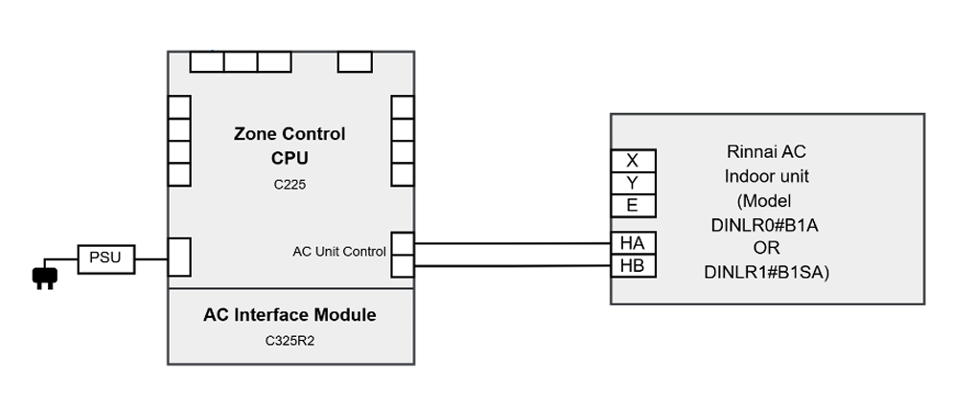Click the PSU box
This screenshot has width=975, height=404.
(x=106, y=258)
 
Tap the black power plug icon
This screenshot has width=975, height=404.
(x=44, y=277)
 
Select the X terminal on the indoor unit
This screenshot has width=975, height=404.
(x=633, y=161)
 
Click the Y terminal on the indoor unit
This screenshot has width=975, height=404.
(x=633, y=183)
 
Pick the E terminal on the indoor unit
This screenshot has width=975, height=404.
(x=633, y=206)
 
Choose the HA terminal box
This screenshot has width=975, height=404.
(x=633, y=242)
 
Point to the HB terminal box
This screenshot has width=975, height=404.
(x=633, y=265)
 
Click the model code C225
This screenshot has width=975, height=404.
(x=290, y=185)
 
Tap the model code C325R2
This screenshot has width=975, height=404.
(x=290, y=341)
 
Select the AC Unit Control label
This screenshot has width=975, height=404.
(x=338, y=252)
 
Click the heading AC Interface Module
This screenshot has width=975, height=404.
(x=290, y=315)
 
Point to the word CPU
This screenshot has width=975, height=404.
(x=290, y=158)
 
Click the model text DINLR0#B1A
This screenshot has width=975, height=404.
(x=764, y=225)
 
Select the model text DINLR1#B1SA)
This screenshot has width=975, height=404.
(x=767, y=273)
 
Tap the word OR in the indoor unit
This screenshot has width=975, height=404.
(x=766, y=248)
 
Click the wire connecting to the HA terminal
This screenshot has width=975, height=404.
(x=512, y=243)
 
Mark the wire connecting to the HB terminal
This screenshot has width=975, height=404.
(x=512, y=266)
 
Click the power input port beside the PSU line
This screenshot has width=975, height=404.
(x=179, y=257)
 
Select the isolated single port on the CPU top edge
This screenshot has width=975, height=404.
(x=355, y=62)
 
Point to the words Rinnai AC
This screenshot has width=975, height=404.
(x=766, y=152)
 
